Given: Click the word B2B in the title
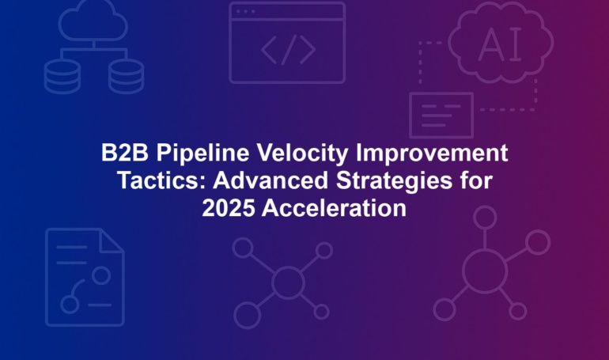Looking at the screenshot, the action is [125, 153].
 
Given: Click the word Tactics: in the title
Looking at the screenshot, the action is [161, 180].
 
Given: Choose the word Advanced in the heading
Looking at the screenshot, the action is [270, 180].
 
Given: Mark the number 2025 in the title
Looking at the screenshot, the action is [229, 209].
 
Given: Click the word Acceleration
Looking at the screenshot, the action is [334, 209].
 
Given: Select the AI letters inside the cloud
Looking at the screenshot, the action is [500, 45].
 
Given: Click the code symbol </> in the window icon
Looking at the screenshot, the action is [288, 50].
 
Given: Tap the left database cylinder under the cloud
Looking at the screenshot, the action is [62, 77].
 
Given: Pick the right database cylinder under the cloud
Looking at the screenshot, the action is [127, 77].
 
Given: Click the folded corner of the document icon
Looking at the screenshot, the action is [112, 241].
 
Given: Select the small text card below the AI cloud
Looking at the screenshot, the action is [441, 116].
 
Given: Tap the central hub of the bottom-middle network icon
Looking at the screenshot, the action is [288, 282].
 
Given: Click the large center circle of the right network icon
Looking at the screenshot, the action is [485, 271].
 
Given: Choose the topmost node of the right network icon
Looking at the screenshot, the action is [485, 218].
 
